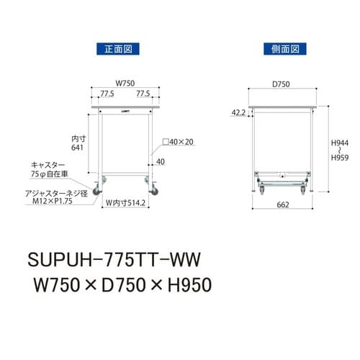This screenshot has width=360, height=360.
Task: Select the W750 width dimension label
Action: tap(125, 83)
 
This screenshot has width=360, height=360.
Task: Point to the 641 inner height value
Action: tap(78, 148)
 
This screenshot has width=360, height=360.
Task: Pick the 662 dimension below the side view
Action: tap(283, 205)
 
